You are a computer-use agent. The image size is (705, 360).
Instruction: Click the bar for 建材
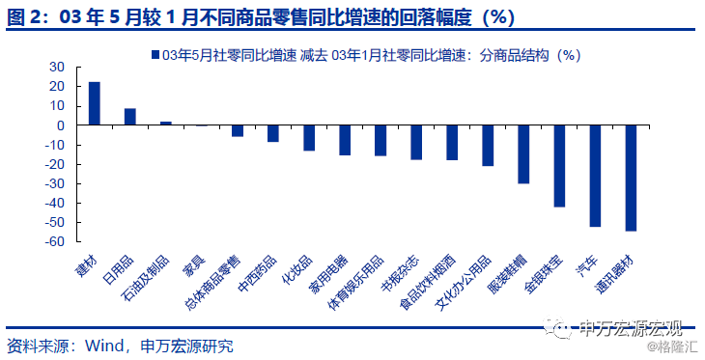[94, 103]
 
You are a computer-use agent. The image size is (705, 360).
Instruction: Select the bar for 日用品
[130, 117]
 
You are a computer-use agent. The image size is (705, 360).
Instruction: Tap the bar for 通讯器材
[631, 178]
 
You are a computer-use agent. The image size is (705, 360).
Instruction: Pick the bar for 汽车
[595, 176]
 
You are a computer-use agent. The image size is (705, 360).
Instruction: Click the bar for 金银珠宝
[559, 166]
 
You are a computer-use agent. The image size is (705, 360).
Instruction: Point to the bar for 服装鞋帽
[523, 154]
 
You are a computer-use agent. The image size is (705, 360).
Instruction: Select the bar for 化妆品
[309, 138]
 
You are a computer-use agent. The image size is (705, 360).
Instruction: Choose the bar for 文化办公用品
[488, 146]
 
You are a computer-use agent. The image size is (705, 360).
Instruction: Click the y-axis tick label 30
[56, 67]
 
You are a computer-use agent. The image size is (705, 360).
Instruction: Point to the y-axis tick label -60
[54, 242]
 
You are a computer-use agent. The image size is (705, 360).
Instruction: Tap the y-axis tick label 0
[60, 125]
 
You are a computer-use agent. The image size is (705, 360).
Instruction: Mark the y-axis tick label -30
[54, 183]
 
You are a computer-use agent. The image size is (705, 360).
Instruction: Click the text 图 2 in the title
[25, 17]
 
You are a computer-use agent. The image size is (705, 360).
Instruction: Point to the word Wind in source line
[104, 346]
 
